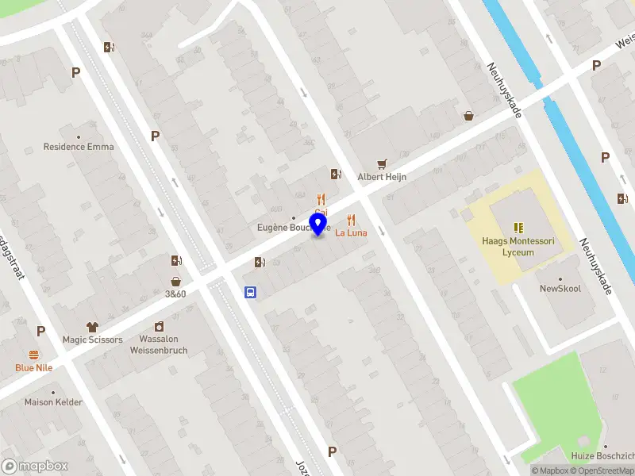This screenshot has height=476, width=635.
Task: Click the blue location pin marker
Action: [x=319, y=224]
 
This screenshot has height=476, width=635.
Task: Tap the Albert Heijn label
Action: [x=382, y=177]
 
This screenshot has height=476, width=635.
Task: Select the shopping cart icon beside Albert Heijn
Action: [x=383, y=163]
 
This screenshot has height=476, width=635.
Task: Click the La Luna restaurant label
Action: [x=351, y=232]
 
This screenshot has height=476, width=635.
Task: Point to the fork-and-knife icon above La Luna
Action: [x=351, y=220]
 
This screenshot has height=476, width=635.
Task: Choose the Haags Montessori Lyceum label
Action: [x=518, y=247]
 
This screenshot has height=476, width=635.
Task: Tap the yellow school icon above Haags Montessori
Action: [x=518, y=228]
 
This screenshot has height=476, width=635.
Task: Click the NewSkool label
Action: [x=560, y=289]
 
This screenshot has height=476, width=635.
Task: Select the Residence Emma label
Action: [x=79, y=147]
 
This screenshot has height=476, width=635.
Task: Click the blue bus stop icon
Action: [x=250, y=292]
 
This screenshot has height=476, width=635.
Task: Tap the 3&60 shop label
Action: [x=175, y=294]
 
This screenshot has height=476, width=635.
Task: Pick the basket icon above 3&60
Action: [x=175, y=281]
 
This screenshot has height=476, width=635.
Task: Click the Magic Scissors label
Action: [x=93, y=340]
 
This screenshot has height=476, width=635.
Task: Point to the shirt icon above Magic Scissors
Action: [x=92, y=326]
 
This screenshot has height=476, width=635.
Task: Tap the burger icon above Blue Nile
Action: [x=34, y=355]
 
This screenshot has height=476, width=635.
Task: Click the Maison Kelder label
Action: [x=53, y=402]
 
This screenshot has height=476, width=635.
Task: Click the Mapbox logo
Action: [x=35, y=466]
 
